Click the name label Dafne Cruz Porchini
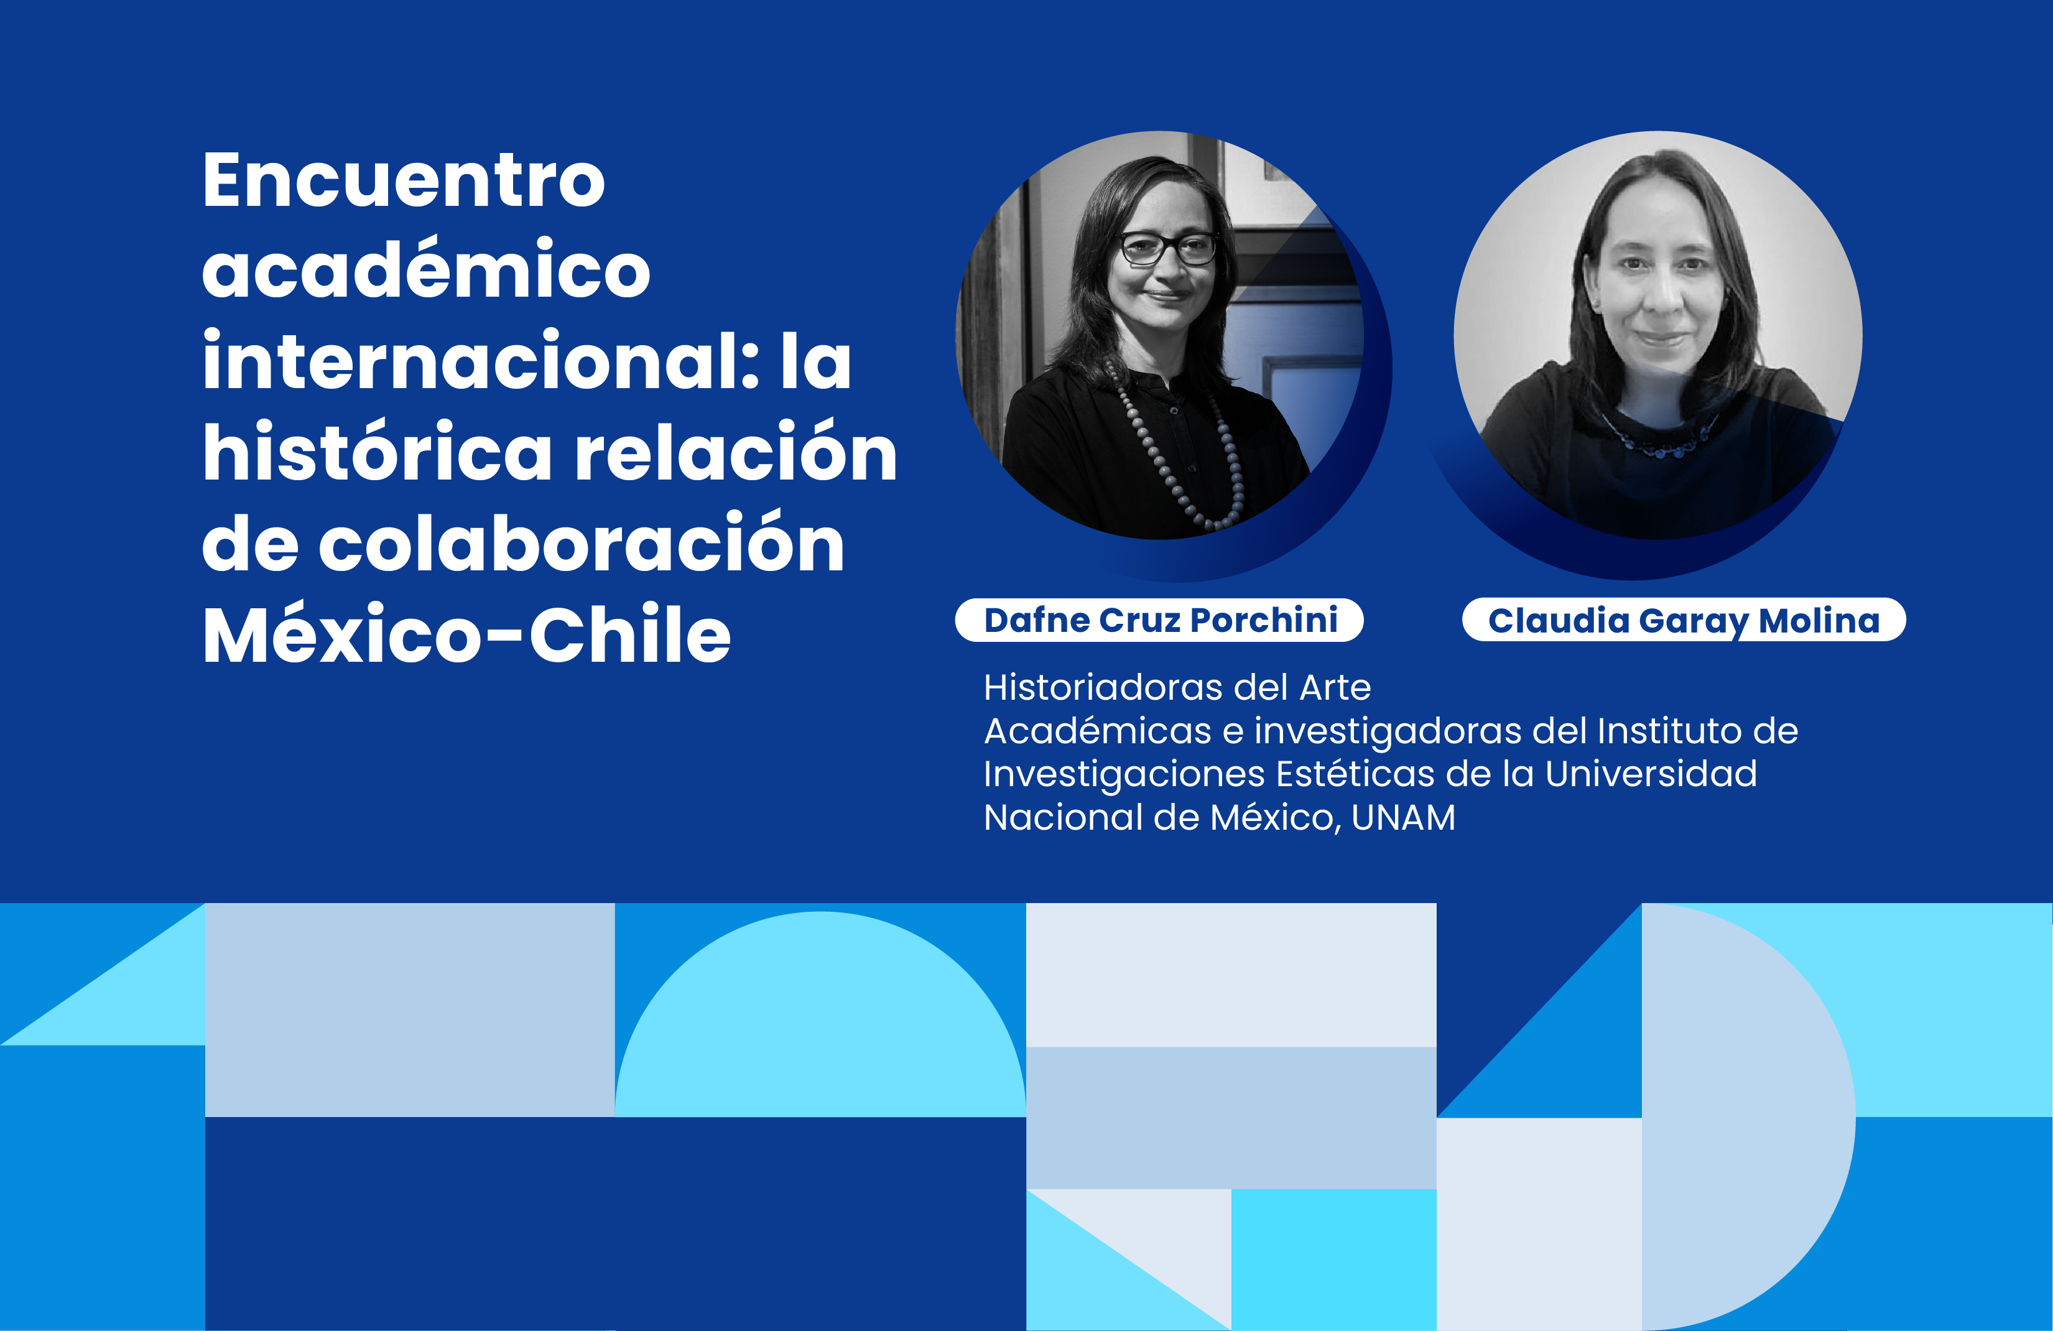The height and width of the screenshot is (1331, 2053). [x=1159, y=619]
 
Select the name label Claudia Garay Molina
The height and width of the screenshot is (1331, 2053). [x=1684, y=619]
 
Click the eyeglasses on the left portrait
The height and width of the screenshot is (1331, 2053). [x=1168, y=248]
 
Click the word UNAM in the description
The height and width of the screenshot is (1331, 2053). [x=1404, y=817]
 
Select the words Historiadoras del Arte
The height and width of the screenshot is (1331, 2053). [x=1177, y=687]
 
